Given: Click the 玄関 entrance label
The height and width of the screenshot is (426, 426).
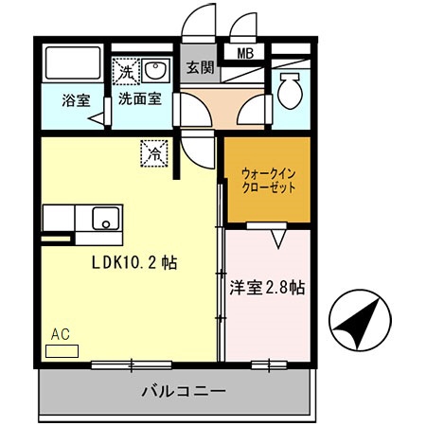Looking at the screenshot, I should point(199,68).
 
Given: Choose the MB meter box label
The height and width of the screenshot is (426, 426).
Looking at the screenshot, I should point(244,54).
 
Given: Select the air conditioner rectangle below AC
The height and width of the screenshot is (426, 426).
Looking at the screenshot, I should point(62,350).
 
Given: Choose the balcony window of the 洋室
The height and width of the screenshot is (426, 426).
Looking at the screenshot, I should point(269,364).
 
